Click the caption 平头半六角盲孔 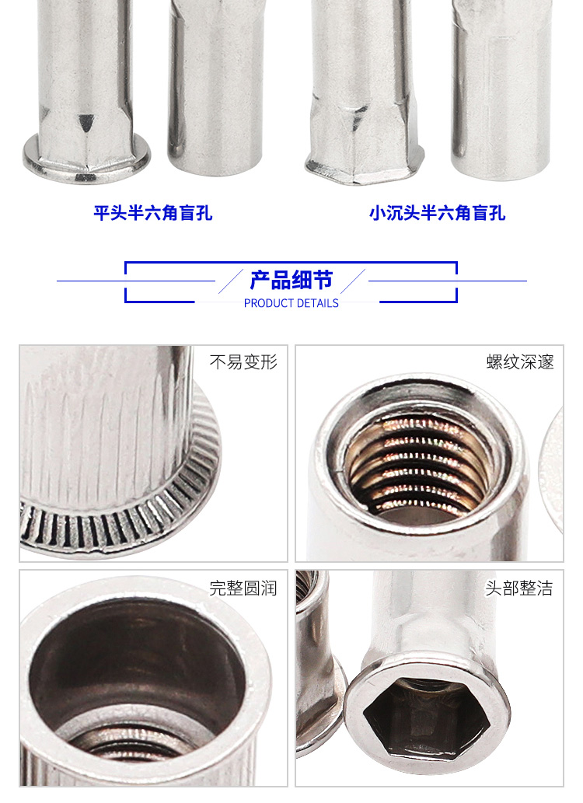pyautogui.click(x=152, y=212)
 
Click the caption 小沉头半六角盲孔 pyautogui.click(x=437, y=212)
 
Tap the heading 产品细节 pyautogui.click(x=291, y=280)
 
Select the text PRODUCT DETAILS pyautogui.click(x=291, y=303)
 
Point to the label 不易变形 pyautogui.click(x=243, y=362)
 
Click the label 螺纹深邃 pyautogui.click(x=520, y=362)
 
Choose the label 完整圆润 pyautogui.click(x=243, y=588)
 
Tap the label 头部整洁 pyautogui.click(x=519, y=588)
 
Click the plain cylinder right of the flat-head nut pyautogui.click(x=215, y=87)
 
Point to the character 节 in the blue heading pyautogui.click(x=323, y=280)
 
